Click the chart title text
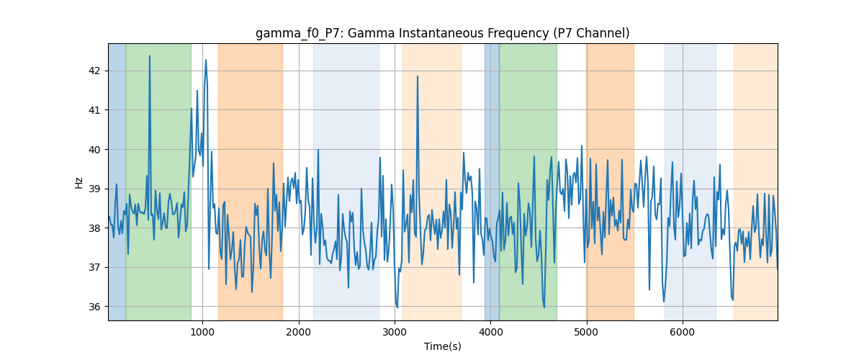pos(442,33)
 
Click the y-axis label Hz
pos(78,183)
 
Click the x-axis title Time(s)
pos(442,346)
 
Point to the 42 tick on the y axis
pos(94,71)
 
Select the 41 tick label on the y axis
pos(94,110)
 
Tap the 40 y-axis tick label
pos(94,149)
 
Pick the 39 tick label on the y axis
pos(94,189)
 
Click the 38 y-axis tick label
pos(94,228)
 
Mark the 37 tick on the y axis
pos(94,267)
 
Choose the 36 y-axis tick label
pos(94,307)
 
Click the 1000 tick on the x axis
pos(202,332)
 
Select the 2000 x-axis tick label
pos(299,332)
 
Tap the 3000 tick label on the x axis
pos(395,332)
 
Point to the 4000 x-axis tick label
pos(490,332)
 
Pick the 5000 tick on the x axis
pos(586,332)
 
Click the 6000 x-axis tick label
pos(683,332)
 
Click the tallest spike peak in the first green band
pos(150,56)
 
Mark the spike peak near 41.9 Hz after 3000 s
pos(418,76)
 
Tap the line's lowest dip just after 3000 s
pos(397,307)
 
